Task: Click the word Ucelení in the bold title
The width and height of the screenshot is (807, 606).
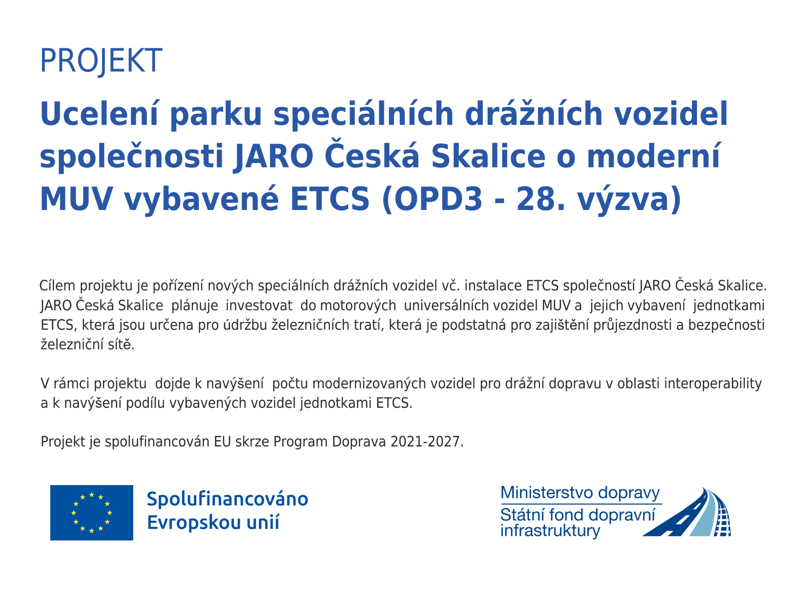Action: (99, 114)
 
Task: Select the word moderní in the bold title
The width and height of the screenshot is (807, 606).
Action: (654, 156)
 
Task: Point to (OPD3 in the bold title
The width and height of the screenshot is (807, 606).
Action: (433, 199)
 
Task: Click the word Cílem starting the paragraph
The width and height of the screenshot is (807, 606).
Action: (57, 286)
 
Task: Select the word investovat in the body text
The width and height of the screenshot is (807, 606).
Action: (259, 305)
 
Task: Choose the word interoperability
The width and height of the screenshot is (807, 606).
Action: (713, 384)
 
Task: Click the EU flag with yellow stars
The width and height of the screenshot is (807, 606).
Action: (92, 513)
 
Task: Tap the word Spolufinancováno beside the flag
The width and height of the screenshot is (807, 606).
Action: (227, 500)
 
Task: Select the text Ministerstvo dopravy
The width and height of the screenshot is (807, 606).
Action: (580, 493)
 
